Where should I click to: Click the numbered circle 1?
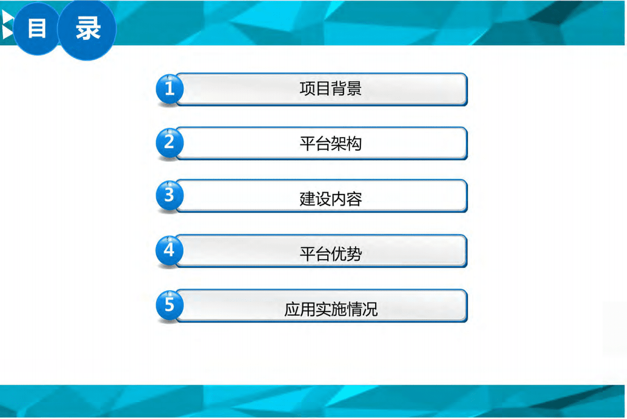pyautogui.click(x=169, y=89)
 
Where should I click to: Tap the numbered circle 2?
pyautogui.click(x=169, y=143)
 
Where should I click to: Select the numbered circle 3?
pyautogui.click(x=169, y=196)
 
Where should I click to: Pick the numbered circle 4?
pyautogui.click(x=169, y=250)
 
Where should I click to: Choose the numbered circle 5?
pyautogui.click(x=169, y=305)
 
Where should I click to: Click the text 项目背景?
pyautogui.click(x=330, y=89)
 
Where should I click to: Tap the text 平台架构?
pyautogui.click(x=330, y=143)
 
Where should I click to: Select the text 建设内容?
pyautogui.click(x=330, y=199)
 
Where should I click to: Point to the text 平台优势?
pyautogui.click(x=330, y=254)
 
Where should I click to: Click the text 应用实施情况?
pyautogui.click(x=331, y=309)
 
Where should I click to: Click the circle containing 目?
pyautogui.click(x=37, y=30)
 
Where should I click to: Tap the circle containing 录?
pyautogui.click(x=87, y=30)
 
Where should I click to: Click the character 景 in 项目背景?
pyautogui.click(x=354, y=89)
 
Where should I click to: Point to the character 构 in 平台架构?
pyautogui.click(x=354, y=143)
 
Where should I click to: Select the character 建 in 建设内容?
pyautogui.click(x=307, y=199)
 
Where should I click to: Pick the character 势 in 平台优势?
pyautogui.click(x=354, y=254)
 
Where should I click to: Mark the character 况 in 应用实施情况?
pyautogui.click(x=370, y=309)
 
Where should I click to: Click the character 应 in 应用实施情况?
pyautogui.click(x=292, y=309)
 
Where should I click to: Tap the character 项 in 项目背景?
pyautogui.click(x=307, y=89)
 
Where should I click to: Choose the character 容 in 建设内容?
pyautogui.click(x=354, y=199)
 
